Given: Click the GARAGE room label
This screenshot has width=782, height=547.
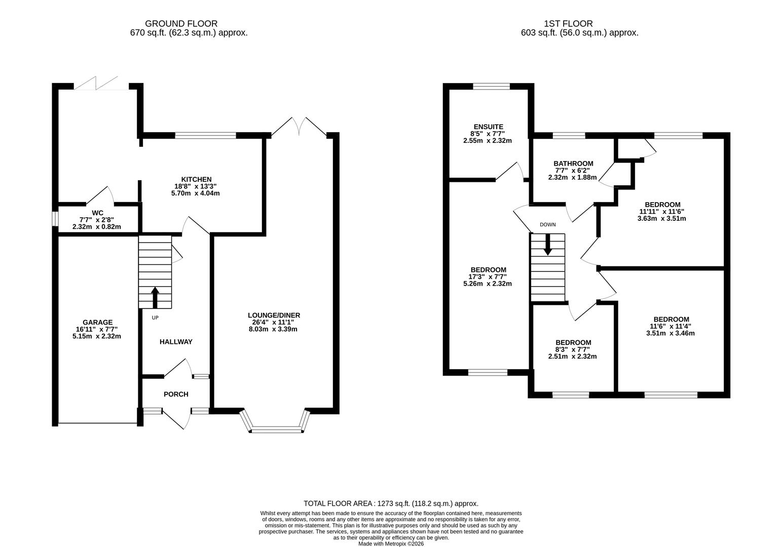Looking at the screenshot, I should [x=98, y=322].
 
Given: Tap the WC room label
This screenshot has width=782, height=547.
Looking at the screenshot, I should [x=98, y=212].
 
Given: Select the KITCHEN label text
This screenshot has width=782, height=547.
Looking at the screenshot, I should [x=197, y=179].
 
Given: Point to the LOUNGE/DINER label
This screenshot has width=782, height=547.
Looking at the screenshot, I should [x=274, y=315].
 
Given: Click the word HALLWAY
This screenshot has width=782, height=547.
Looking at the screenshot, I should [x=176, y=342].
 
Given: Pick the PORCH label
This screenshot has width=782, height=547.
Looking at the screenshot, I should [x=176, y=394].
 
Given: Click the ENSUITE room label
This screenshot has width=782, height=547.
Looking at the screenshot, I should [x=489, y=127].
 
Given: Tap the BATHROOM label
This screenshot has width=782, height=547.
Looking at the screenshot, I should [x=573, y=164].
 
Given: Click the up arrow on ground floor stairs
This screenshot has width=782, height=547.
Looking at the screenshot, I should [x=155, y=297].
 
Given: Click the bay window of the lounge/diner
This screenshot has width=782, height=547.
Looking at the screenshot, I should [x=276, y=429].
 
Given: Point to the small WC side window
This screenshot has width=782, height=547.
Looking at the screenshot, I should [x=55, y=218].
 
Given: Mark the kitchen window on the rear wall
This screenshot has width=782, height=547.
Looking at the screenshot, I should [x=205, y=135].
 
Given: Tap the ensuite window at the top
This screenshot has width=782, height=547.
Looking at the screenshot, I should [x=491, y=86].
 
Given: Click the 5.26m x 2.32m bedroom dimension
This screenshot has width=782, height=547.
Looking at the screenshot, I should [x=488, y=284].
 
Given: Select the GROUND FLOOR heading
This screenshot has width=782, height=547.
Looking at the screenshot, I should [x=181, y=23].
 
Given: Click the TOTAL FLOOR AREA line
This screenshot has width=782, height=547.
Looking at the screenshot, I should [x=391, y=503].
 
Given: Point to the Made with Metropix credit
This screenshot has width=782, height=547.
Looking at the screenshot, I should [x=391, y=544].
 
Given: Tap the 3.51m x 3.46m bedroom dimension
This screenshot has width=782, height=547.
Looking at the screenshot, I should [x=670, y=333].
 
